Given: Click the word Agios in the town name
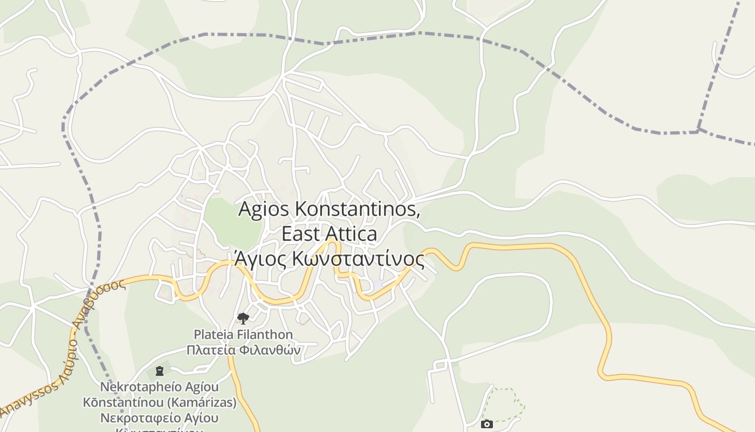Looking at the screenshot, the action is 260,209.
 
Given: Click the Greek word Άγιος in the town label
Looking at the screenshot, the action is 260,259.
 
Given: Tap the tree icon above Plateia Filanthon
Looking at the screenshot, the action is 243,318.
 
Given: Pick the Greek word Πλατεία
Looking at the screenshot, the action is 211,350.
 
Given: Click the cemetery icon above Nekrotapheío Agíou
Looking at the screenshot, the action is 159,371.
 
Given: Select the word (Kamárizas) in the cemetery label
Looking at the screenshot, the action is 207,403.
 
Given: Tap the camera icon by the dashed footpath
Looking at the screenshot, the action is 486,424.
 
